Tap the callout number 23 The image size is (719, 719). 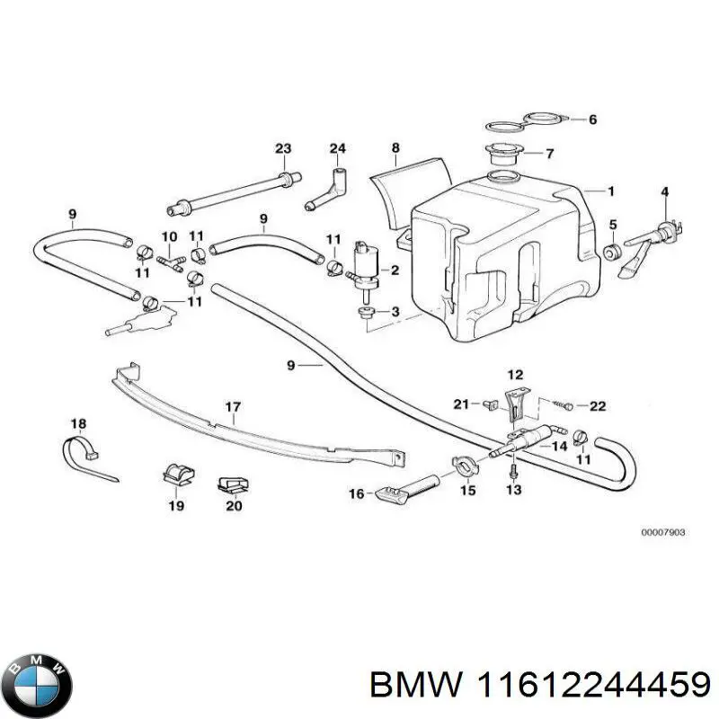click(x=283, y=148)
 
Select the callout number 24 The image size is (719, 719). click(x=337, y=148)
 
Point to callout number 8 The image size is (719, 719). click(x=395, y=147)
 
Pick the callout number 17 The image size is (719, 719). click(x=233, y=408)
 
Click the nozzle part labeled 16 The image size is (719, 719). click(x=400, y=491)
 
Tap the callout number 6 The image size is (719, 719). click(x=592, y=119)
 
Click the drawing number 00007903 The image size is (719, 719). click(x=663, y=532)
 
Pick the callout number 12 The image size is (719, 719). click(x=514, y=374)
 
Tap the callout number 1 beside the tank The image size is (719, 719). click(x=611, y=191)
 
